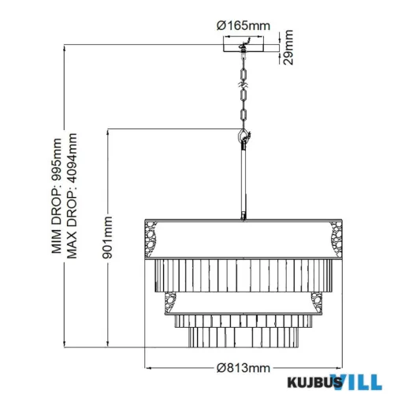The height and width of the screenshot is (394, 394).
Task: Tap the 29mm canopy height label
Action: (x=292, y=47)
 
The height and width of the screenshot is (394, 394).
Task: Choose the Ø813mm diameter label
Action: (x=243, y=367)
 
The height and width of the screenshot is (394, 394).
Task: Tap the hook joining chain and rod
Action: (x=242, y=137)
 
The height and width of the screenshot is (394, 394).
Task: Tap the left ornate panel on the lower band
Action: (x=170, y=300)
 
